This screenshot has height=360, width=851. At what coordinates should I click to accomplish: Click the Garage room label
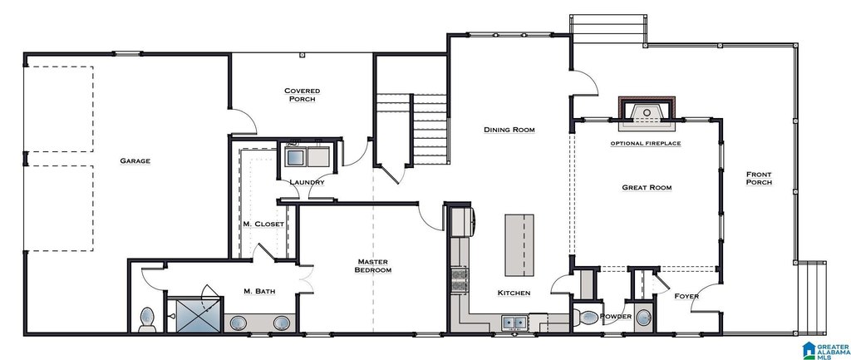point(135,160)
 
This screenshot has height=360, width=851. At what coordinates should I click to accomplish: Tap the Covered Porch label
point(303,95)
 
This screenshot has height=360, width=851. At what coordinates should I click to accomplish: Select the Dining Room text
point(509,130)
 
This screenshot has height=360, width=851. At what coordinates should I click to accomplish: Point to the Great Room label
point(647,188)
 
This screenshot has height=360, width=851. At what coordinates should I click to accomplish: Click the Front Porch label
point(759,178)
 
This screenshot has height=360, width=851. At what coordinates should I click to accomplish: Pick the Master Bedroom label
point(373,265)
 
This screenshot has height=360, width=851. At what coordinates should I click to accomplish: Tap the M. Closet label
point(263,224)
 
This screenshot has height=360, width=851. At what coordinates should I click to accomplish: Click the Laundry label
point(307,182)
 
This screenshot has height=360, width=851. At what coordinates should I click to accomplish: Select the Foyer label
point(686,297)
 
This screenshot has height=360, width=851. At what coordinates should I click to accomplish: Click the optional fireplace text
point(646,143)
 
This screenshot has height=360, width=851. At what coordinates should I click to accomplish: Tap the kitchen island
point(519,245)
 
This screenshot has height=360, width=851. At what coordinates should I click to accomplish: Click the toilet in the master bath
point(147,319)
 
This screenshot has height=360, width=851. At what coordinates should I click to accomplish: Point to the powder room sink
point(643,317)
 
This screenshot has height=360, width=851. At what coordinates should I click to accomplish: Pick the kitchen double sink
point(514,323)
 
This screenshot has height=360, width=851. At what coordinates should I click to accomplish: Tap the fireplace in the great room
point(647,114)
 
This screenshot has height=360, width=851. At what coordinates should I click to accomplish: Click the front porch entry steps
point(813,298)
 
